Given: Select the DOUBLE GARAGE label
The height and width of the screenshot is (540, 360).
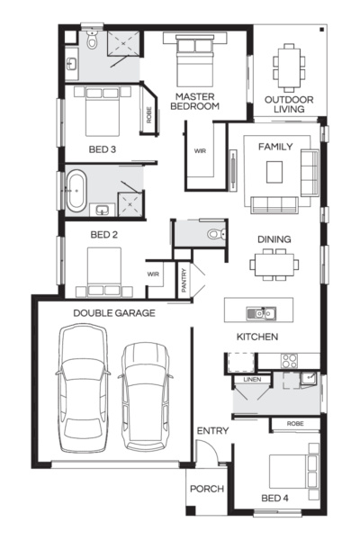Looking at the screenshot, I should click(114, 313).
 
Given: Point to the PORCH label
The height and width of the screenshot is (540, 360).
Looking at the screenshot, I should click(206, 489).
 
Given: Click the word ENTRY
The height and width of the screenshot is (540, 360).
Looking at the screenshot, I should click(212, 431).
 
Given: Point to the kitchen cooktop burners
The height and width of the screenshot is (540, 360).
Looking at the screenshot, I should click(289, 360).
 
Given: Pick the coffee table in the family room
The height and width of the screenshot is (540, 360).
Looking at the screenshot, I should click(274, 171).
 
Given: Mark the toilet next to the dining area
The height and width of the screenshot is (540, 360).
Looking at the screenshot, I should click(212, 233).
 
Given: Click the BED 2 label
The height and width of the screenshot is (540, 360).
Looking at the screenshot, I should click(104, 236).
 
